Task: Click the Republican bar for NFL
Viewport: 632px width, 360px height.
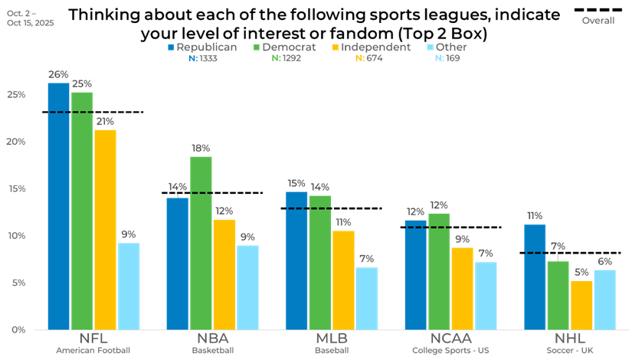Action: click(x=58, y=207)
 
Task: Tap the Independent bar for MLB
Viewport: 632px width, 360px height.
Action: click(x=343, y=280)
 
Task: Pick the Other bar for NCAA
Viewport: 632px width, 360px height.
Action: click(x=486, y=296)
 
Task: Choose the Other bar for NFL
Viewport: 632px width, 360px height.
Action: click(x=129, y=286)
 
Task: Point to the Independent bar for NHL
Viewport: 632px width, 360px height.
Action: click(x=581, y=305)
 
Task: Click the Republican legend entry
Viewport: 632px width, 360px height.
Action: click(x=203, y=47)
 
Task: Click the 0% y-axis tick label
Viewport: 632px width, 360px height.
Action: click(x=18, y=329)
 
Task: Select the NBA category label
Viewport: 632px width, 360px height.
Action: click(x=212, y=339)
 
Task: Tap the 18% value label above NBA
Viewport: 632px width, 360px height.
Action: click(x=201, y=148)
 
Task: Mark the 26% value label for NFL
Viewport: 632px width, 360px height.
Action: click(x=58, y=75)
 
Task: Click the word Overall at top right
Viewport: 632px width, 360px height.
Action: click(x=598, y=21)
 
